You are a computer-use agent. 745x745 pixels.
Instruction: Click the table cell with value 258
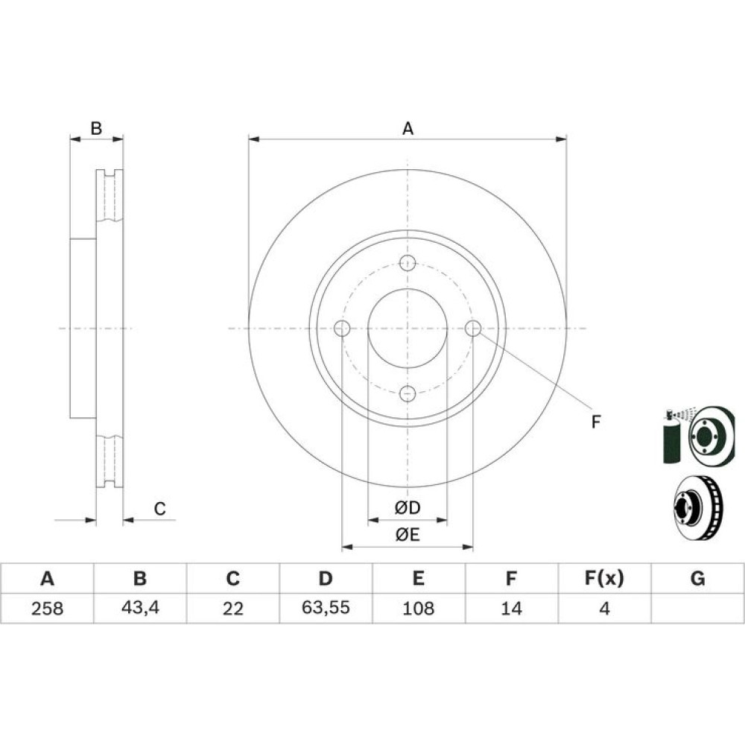tap(47, 608)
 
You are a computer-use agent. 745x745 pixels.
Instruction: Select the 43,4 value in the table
tap(140, 608)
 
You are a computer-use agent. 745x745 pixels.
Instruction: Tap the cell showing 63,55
tap(326, 608)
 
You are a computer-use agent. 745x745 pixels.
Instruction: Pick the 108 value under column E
tap(419, 608)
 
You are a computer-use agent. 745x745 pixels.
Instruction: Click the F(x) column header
tap(604, 578)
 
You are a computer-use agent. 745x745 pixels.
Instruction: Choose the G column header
tap(697, 578)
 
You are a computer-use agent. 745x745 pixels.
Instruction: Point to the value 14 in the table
tap(511, 608)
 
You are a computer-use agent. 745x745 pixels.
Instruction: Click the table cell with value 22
tap(232, 608)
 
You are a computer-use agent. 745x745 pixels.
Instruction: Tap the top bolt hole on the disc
tap(408, 263)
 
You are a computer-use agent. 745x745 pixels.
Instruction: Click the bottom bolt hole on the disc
tap(408, 394)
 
